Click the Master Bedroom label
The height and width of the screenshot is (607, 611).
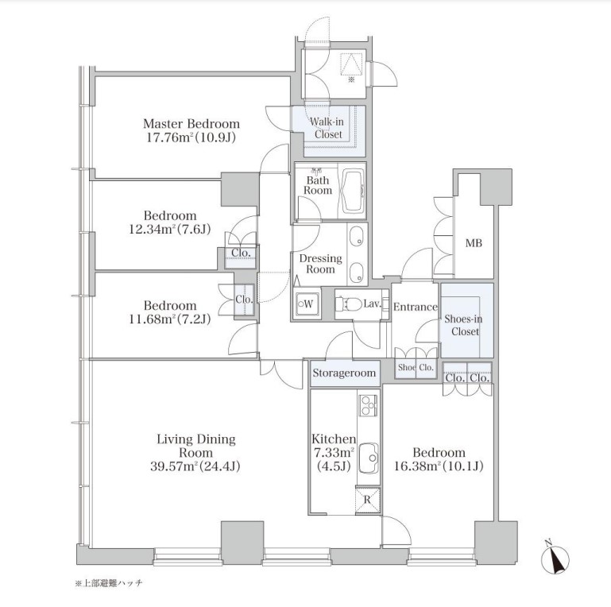tap(191, 124)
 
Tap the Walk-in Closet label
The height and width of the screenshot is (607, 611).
tap(327, 128)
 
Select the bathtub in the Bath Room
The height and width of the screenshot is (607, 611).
tap(352, 191)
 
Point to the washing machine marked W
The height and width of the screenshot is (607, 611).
tap(307, 303)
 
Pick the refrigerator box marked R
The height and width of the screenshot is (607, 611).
tap(367, 499)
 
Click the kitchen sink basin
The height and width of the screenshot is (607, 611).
tap(368, 457)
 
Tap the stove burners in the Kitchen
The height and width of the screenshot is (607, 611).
tap(368, 405)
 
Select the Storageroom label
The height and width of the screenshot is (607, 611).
tap(345, 373)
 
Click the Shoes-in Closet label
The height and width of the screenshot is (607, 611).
tap(464, 325)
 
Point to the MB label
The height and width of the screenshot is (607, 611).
tap(474, 243)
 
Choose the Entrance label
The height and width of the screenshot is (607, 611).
tap(416, 307)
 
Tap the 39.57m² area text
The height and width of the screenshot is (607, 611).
tap(195, 466)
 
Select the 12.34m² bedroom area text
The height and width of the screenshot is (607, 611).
tap(170, 229)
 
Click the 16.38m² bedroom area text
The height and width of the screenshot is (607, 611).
tap(439, 466)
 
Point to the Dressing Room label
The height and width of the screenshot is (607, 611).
tap(321, 264)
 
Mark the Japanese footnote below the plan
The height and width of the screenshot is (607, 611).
tap(109, 583)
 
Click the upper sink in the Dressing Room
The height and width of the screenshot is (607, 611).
tap(356, 237)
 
